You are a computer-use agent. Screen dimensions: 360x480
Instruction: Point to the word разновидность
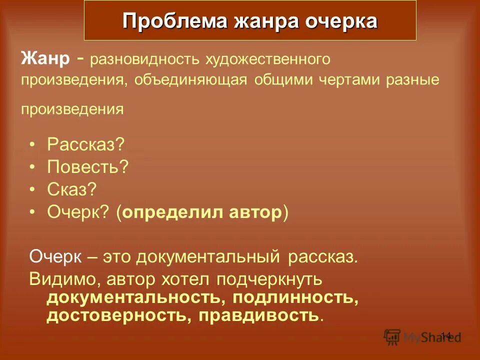[144, 60]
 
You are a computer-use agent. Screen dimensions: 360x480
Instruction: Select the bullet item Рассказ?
[85, 145]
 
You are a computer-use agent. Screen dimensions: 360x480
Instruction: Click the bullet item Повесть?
[88, 167]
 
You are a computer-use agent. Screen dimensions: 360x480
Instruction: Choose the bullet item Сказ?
[71, 189]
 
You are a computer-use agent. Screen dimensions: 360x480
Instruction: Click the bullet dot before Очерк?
[32, 212]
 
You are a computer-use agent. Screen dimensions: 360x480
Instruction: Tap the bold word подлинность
[293, 298]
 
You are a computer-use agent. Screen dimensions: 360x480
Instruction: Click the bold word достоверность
[119, 316]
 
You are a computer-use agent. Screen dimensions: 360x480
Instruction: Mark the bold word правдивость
[258, 316]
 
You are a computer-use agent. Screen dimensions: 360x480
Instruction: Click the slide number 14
[445, 335]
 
